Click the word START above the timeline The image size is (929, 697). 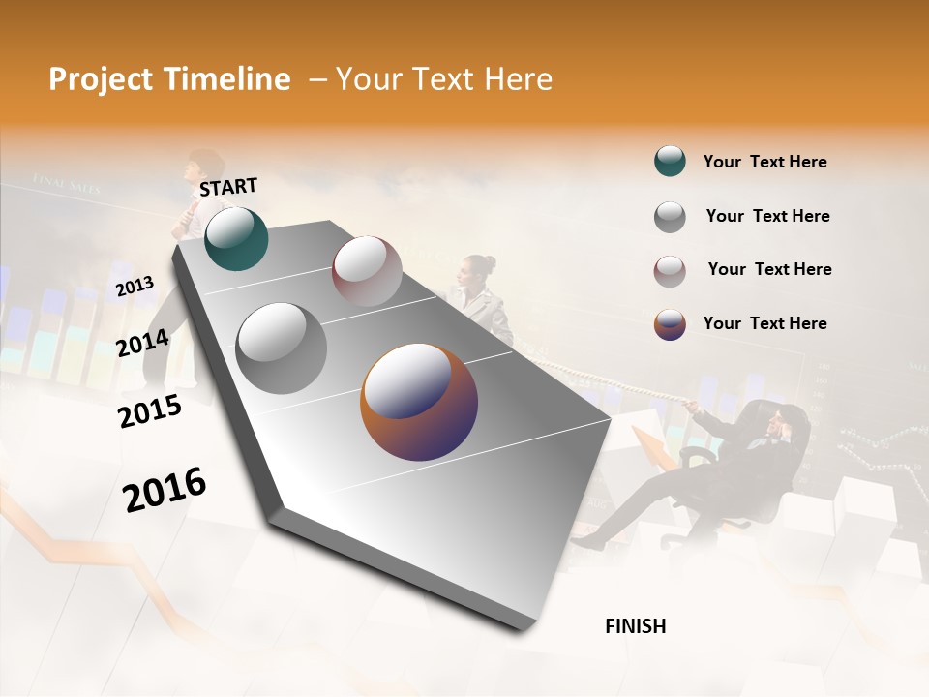pos(228,187)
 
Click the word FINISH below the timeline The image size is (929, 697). pos(635,626)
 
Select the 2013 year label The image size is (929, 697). pos(135,287)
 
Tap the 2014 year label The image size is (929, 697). pos(142,343)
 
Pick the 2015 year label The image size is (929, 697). pos(149,411)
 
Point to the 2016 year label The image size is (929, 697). pos(165,488)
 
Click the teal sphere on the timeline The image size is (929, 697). pos(236,238)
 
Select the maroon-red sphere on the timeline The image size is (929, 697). pos(367,270)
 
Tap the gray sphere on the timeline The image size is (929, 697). pos(282,348)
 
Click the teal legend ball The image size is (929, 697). pos(670,162)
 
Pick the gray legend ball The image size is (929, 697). pos(670,217)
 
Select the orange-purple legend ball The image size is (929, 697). pos(670,324)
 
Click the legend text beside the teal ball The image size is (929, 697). pos(764,162)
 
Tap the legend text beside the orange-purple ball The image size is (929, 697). pos(764,323)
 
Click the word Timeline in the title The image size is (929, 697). pos(228,79)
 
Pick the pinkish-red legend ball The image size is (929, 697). pos(670,271)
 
